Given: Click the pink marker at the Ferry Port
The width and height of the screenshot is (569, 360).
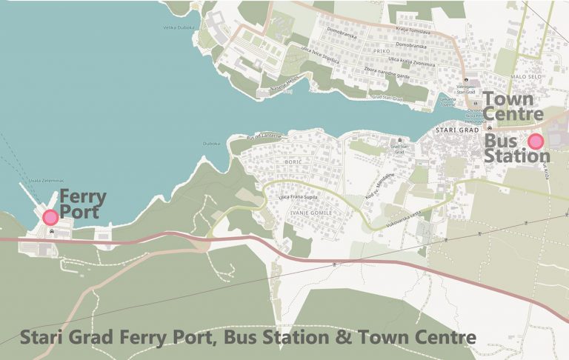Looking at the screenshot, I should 50,217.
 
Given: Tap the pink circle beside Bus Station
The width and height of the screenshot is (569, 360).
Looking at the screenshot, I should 535,141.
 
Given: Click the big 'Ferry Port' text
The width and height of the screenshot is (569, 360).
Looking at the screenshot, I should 82,204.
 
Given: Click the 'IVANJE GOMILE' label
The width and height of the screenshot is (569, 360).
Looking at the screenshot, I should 313,213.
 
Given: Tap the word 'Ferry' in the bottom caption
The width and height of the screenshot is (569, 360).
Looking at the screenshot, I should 133,338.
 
